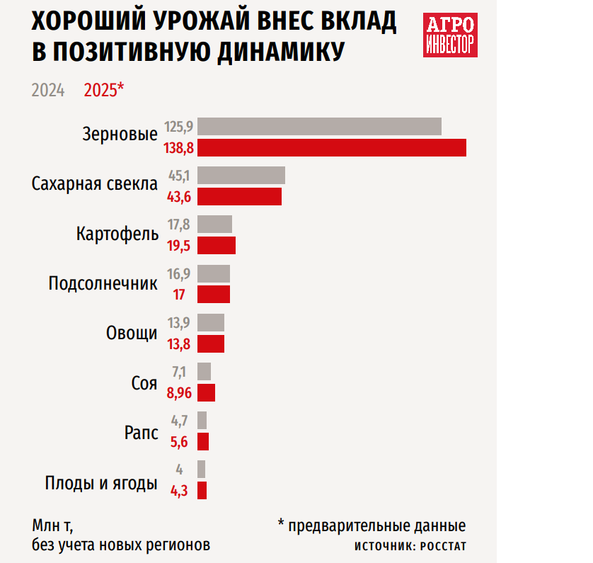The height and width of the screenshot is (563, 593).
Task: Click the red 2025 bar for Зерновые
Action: point(331,147)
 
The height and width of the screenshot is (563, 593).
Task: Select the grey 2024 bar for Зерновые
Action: point(319,127)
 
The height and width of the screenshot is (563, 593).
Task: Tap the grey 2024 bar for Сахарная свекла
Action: point(241,176)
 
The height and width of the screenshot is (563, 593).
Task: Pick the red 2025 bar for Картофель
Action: point(216,245)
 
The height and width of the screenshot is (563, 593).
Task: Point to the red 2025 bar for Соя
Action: point(206,392)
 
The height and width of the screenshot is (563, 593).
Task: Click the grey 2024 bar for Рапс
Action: point(202,420)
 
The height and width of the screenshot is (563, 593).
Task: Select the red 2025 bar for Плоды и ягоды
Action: point(202,490)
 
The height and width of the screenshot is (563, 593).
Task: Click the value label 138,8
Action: point(178,148)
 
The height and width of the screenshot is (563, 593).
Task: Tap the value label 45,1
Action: point(180,176)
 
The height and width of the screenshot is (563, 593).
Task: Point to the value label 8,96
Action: point(179,393)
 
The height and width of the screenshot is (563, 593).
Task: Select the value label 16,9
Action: point(180,273)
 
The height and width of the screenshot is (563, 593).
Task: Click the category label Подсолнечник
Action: point(103,284)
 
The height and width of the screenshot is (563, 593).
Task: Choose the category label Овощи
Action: point(132,333)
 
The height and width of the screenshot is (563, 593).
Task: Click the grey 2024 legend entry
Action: point(48,91)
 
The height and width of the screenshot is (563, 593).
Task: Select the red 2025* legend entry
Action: point(104,91)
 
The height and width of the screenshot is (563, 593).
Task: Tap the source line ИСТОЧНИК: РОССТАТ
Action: point(410,547)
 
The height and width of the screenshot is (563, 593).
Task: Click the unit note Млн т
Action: point(52,527)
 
